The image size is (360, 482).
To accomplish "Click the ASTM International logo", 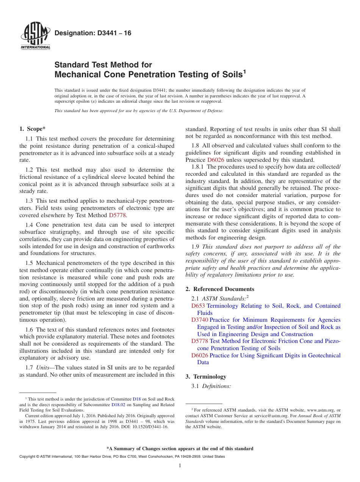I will tap(35, 37).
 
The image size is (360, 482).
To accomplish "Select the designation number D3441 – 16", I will tap(93, 33).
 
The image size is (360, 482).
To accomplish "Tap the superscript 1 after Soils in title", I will tap(244, 72).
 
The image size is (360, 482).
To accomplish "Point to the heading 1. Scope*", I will tap(33, 129).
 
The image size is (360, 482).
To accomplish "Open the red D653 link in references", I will tap(197, 306).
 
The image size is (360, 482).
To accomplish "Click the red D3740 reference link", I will tap(199, 320).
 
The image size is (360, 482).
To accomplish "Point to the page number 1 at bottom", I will tap(180, 466).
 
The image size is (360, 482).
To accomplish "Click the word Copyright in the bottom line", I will tap(28, 457).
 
